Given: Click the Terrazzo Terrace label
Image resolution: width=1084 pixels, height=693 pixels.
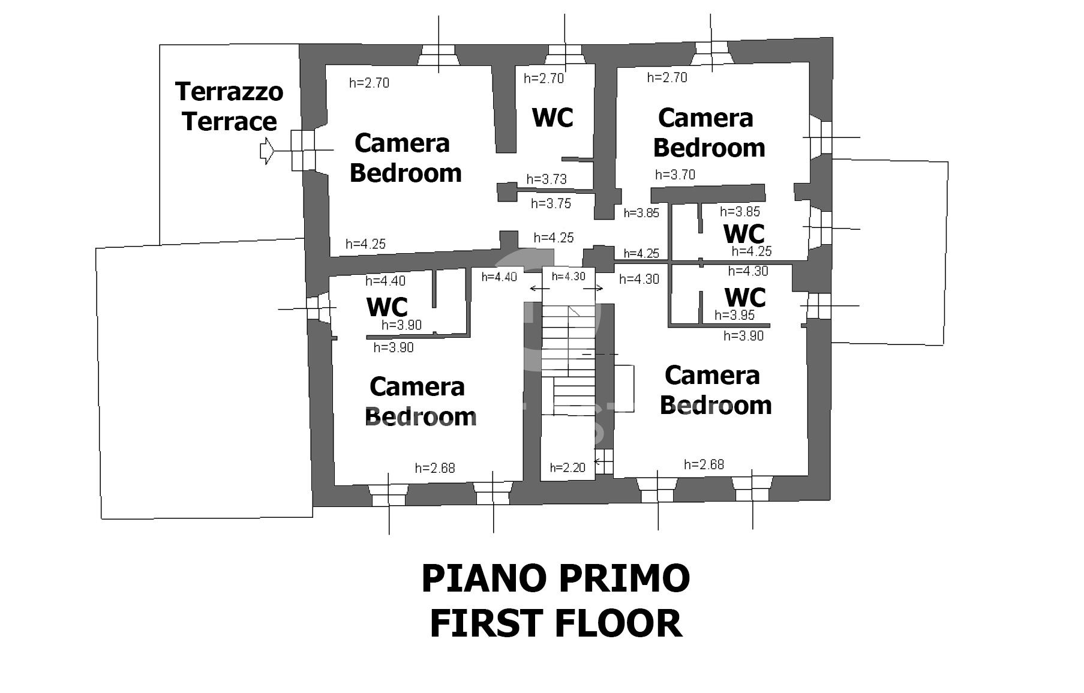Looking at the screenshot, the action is click(229, 107).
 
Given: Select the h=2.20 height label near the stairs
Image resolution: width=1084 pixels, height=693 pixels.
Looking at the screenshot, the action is click(567, 467).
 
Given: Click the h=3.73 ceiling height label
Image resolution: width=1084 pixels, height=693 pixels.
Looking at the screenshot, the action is click(546, 179).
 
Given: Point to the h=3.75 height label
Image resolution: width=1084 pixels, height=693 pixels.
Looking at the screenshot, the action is click(551, 203).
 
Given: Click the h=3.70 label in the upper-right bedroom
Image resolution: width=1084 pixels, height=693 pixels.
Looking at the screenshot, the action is click(675, 175).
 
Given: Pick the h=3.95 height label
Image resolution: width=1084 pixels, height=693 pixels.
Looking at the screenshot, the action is click(734, 315).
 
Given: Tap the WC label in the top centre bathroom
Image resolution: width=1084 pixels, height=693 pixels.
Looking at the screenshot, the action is click(552, 118).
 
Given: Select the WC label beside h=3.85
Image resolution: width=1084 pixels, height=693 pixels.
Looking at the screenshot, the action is click(744, 233).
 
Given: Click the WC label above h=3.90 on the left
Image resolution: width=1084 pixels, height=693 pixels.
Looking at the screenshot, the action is click(387, 307).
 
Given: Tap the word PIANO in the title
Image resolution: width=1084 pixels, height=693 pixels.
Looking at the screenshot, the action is click(485, 578).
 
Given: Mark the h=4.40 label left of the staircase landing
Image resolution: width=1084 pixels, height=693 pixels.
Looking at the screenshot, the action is click(499, 277).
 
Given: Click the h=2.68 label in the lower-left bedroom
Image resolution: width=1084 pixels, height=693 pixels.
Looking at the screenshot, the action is click(435, 468).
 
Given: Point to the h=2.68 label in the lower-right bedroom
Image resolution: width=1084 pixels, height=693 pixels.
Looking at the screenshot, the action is click(704, 464).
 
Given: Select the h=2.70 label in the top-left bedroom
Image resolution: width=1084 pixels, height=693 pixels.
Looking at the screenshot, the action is click(369, 83).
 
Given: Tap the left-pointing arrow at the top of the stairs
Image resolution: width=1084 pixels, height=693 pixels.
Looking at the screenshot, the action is click(540, 289).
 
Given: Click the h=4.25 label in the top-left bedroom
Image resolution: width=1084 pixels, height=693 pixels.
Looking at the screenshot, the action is click(366, 244).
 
